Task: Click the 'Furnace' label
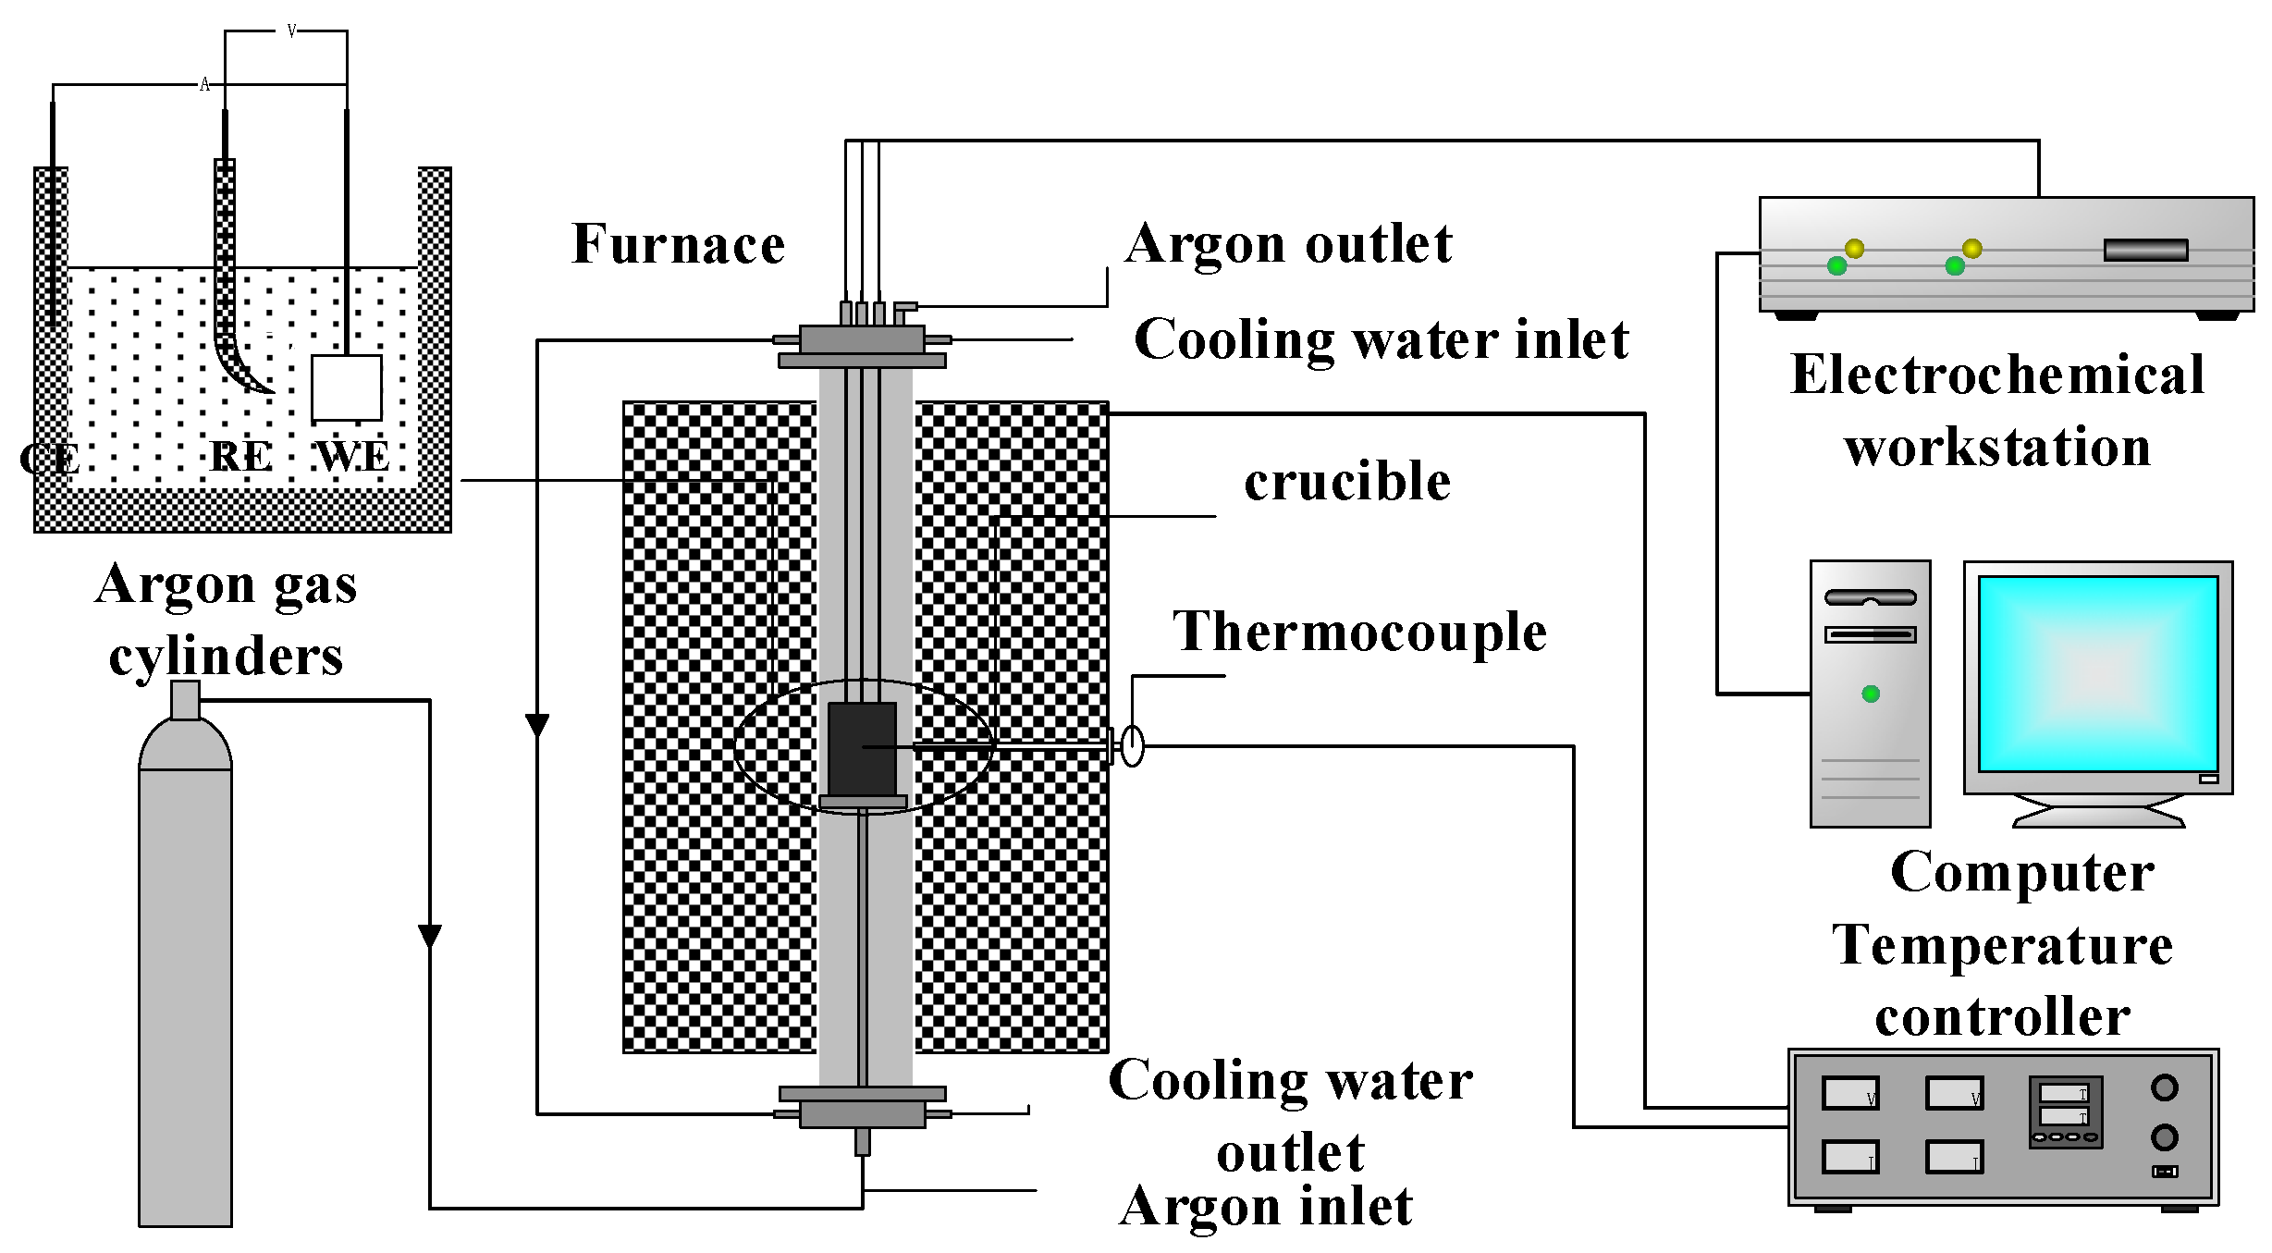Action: pyautogui.click(x=678, y=245)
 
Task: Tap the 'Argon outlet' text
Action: pyautogui.click(x=1289, y=245)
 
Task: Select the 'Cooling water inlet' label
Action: pyautogui.click(x=1381, y=339)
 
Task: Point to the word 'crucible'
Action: pyautogui.click(x=1346, y=482)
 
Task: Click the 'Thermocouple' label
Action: pyautogui.click(x=1359, y=633)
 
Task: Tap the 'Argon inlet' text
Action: pyautogui.click(x=1266, y=1207)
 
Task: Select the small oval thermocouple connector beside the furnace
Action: pyautogui.click(x=1132, y=745)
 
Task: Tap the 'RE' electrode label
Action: pyautogui.click(x=240, y=457)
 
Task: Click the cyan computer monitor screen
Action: pyautogui.click(x=2097, y=673)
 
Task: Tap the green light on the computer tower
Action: pyautogui.click(x=1871, y=694)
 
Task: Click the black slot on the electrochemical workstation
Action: pyautogui.click(x=2145, y=250)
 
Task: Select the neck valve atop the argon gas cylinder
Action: pyautogui.click(x=185, y=700)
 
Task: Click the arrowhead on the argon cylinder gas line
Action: pyautogui.click(x=430, y=936)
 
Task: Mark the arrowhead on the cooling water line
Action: pyautogui.click(x=537, y=725)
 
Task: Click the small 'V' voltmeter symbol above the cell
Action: pyautogui.click(x=291, y=31)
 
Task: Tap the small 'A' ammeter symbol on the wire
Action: pyautogui.click(x=204, y=85)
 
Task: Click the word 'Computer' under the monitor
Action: pyautogui.click(x=2022, y=873)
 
